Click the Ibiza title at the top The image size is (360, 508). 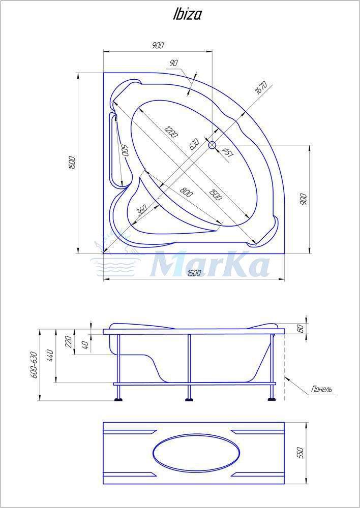[187, 14]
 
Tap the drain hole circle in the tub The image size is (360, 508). [212, 145]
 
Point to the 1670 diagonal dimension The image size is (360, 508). [260, 88]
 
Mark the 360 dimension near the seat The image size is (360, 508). [142, 211]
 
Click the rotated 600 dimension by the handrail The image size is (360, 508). [125, 150]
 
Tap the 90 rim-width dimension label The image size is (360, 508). [174, 63]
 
